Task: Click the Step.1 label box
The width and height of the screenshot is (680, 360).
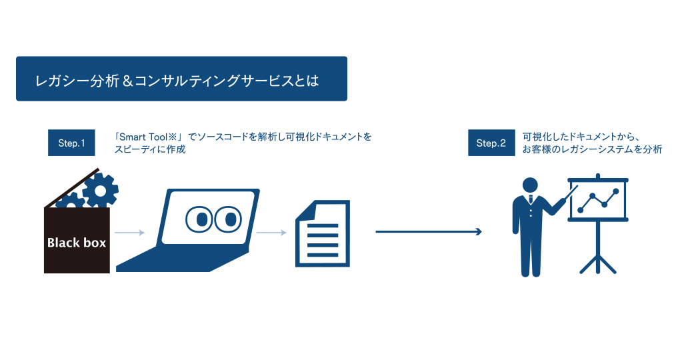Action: (71, 143)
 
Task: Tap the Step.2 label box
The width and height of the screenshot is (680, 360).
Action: (491, 143)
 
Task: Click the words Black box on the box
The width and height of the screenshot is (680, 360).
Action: (77, 243)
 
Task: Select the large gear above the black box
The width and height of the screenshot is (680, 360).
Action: (101, 189)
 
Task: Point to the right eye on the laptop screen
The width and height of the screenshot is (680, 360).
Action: (229, 219)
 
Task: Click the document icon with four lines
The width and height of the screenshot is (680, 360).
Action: (323, 233)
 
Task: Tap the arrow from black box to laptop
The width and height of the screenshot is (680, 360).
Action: (130, 233)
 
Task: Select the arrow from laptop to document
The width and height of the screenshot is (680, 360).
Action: (271, 233)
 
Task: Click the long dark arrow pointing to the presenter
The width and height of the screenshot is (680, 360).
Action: (429, 231)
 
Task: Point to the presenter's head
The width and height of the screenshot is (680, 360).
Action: (530, 185)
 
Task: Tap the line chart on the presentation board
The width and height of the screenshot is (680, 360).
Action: (598, 201)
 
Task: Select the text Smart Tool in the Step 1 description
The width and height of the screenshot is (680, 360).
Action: (143, 137)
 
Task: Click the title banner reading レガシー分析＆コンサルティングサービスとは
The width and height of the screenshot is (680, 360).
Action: (182, 79)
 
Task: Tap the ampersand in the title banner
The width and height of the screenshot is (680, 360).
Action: (127, 81)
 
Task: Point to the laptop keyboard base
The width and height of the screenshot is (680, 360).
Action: (182, 260)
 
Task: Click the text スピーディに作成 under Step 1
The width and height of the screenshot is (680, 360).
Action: (150, 149)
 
